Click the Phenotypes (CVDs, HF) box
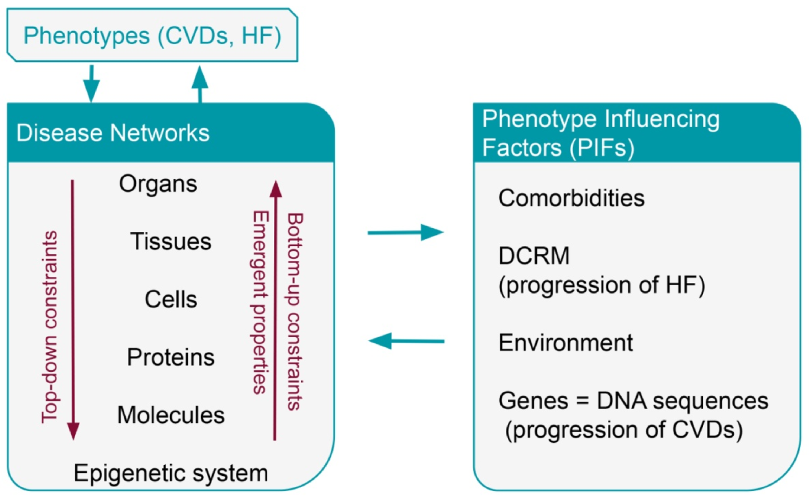[x=152, y=35]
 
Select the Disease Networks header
[x=113, y=133]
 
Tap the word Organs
[x=158, y=184]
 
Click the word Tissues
[x=171, y=242]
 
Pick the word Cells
[x=171, y=300]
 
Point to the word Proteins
[x=171, y=357]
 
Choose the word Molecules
[x=171, y=415]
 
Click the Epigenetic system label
[x=171, y=473]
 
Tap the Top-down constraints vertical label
[x=50, y=327]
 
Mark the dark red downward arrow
[x=73, y=310]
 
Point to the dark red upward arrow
[x=275, y=310]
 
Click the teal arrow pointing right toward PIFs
[x=406, y=232]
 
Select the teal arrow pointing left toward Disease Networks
[x=406, y=341]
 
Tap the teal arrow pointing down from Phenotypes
[x=91, y=83]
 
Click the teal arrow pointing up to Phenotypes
[x=199, y=84]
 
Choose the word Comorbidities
[x=571, y=198]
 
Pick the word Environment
[x=565, y=343]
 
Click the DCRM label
[x=533, y=256]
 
